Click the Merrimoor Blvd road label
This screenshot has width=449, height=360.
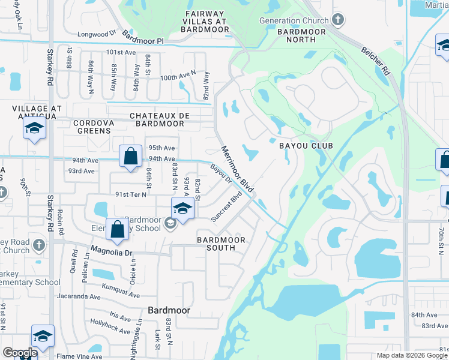click(x=237, y=169)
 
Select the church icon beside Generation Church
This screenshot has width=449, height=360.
click(x=338, y=20)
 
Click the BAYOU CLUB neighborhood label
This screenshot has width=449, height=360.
click(x=306, y=146)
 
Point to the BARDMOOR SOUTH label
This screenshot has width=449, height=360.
click(x=221, y=244)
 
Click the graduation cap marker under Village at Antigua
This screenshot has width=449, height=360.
click(x=35, y=128)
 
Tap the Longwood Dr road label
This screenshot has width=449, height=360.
click(x=105, y=35)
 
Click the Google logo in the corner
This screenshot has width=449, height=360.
click(x=20, y=353)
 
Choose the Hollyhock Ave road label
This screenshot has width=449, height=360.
click(x=110, y=329)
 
